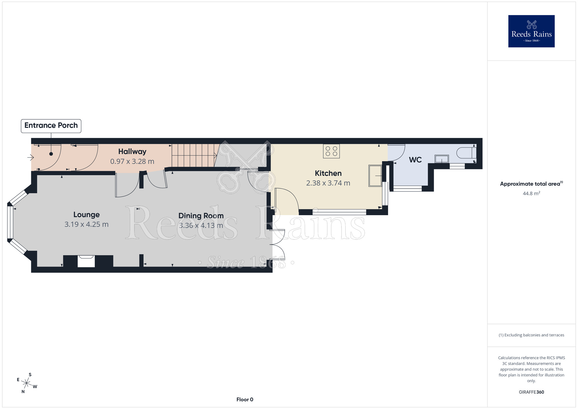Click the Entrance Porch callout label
(x=51, y=126)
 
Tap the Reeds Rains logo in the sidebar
(x=531, y=31)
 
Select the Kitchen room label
(x=328, y=173)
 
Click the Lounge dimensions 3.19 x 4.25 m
(x=86, y=224)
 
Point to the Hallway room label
(x=132, y=152)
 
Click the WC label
(x=415, y=160)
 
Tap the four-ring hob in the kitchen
(x=331, y=151)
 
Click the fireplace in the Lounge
(x=86, y=261)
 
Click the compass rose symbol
(x=27, y=384)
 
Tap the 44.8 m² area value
(x=531, y=193)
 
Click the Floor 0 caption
(x=245, y=399)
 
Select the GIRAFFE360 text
(x=531, y=392)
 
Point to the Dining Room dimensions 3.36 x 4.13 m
(x=201, y=226)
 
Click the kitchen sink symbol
(x=375, y=176)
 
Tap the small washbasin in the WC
(x=442, y=159)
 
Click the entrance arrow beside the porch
(x=31, y=158)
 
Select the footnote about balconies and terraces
(x=531, y=335)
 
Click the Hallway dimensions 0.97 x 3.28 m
(x=132, y=161)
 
